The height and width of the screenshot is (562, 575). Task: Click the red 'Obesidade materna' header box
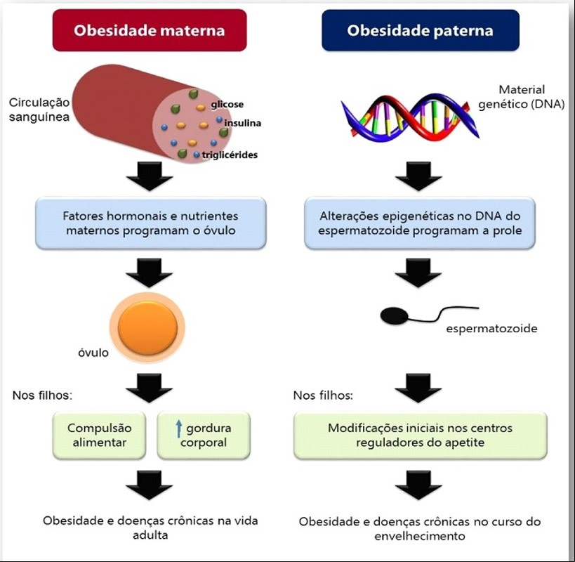click(150, 30)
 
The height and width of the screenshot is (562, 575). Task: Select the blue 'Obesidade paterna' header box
click(421, 30)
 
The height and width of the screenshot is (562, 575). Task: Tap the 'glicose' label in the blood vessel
click(227, 105)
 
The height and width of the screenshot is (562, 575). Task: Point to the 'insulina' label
click(242, 123)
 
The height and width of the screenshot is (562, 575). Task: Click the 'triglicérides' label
click(230, 155)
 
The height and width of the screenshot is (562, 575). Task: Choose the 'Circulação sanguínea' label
click(39, 110)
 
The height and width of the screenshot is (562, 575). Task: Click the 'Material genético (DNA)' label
click(522, 97)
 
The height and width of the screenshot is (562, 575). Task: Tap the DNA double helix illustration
click(410, 117)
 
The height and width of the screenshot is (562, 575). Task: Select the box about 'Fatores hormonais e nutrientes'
click(151, 223)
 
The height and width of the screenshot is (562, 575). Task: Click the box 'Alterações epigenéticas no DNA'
click(420, 223)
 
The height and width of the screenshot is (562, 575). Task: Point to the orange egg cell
click(147, 327)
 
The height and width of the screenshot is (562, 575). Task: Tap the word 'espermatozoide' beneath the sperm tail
click(491, 328)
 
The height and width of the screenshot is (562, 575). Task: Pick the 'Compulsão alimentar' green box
click(100, 436)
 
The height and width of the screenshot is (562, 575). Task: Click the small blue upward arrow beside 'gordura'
click(178, 429)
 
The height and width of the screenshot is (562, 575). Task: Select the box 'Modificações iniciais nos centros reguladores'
click(421, 436)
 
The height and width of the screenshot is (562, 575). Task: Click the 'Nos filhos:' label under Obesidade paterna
click(323, 396)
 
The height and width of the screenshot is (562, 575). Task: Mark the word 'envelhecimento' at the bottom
click(420, 536)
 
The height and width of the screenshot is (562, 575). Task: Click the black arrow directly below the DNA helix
click(418, 176)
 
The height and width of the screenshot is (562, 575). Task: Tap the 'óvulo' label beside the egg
click(93, 353)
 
